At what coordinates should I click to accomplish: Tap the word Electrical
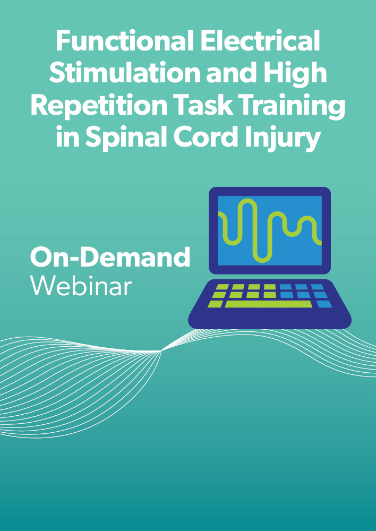tap(260, 41)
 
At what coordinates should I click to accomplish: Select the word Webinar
tap(81, 286)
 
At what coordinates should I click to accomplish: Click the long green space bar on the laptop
tap(268, 304)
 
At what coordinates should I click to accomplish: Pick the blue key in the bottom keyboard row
tap(324, 304)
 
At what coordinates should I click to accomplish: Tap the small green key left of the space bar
tap(216, 304)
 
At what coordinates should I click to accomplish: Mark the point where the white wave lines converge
tap(161, 351)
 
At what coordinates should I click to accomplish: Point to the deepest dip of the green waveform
tap(263, 261)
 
